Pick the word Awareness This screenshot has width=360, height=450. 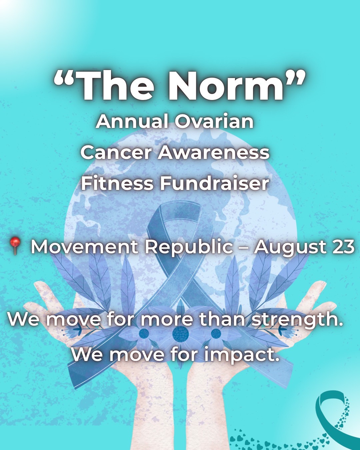(x=213, y=152)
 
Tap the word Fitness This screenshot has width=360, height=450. (x=117, y=183)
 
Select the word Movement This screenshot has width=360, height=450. (x=85, y=247)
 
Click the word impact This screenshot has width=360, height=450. (x=241, y=355)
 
